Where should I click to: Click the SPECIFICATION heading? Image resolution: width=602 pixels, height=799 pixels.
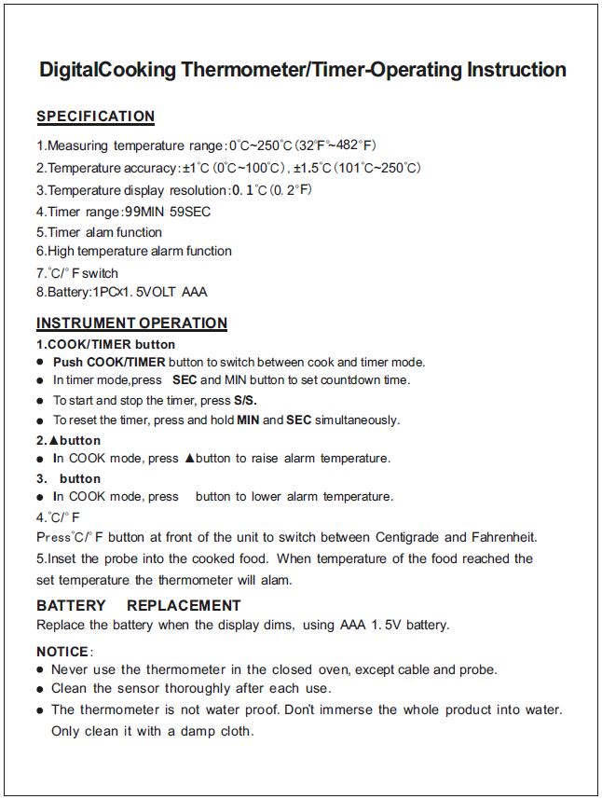click(x=95, y=117)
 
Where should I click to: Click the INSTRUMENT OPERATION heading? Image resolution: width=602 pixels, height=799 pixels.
click(x=131, y=324)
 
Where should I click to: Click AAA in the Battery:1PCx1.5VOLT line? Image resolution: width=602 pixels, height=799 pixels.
click(x=195, y=292)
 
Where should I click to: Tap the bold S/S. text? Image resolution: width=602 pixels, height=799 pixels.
click(x=245, y=400)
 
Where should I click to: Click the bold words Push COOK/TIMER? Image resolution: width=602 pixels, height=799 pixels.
click(x=109, y=362)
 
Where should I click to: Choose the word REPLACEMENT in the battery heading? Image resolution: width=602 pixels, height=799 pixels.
click(x=184, y=605)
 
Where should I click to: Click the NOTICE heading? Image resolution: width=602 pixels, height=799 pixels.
click(x=62, y=651)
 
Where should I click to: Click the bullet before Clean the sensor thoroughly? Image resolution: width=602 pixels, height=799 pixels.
click(x=40, y=689)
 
